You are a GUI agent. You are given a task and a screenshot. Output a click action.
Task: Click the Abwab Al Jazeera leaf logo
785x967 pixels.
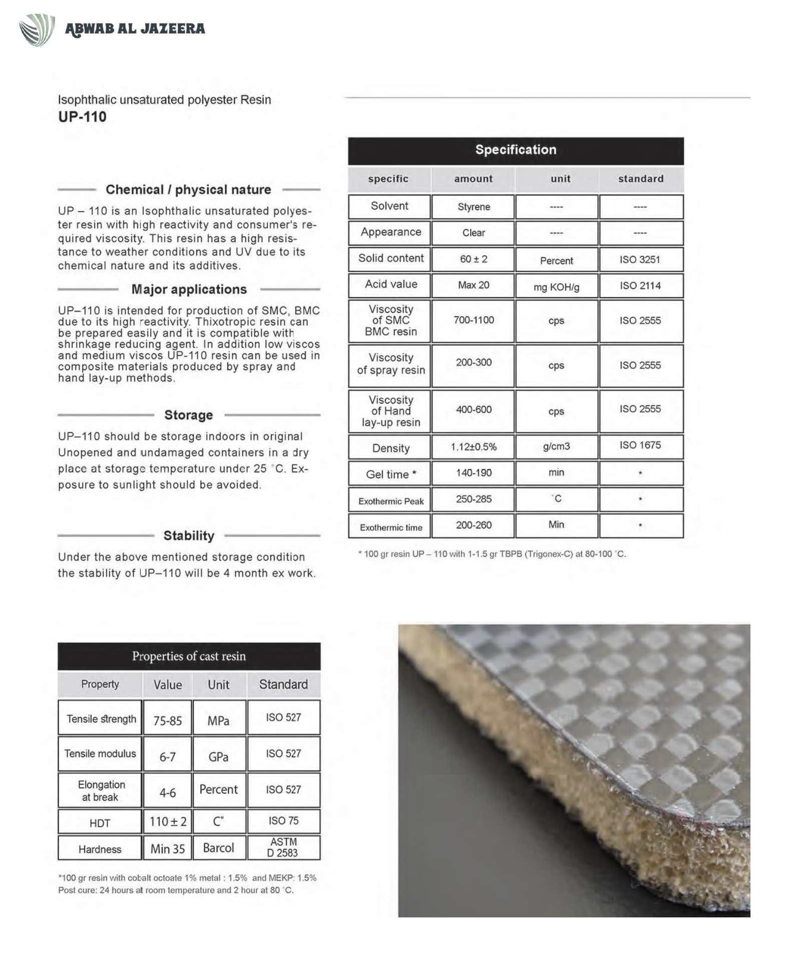pos(37,30)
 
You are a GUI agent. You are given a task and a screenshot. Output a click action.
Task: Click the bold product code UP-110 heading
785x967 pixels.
pos(82,117)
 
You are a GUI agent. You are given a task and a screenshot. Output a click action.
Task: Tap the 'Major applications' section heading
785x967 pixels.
pos(189,289)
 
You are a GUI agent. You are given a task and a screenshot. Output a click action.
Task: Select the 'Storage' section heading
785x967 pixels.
pos(188,415)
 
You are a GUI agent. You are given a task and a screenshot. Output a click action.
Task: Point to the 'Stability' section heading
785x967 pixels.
pos(189,536)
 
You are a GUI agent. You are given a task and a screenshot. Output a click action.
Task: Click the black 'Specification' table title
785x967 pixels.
pos(516,150)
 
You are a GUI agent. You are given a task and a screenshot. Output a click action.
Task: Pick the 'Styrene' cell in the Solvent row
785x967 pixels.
pos(474,206)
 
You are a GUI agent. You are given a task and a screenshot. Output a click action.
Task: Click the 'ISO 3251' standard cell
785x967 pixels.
pos(640,260)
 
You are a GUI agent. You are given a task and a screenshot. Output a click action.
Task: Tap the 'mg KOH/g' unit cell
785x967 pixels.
pos(556,287)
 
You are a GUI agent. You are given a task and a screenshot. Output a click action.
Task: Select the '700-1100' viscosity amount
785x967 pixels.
pos(474,320)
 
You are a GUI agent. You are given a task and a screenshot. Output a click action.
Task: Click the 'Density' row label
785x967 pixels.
pos(390,448)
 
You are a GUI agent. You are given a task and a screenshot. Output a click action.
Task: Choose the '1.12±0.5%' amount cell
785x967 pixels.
pos(474,447)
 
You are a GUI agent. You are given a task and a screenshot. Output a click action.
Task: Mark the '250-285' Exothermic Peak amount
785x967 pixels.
pos(474,499)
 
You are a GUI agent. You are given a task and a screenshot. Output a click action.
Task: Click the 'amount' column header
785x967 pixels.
pos(473,179)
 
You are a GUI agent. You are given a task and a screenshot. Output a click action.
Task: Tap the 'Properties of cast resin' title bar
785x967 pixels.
pos(189,656)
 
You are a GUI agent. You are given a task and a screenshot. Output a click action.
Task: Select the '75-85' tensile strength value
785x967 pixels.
pos(167,720)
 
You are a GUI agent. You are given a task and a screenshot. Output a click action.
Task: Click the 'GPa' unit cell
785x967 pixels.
pos(218,757)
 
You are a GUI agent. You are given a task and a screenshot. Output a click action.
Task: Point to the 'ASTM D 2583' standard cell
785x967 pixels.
pos(283,847)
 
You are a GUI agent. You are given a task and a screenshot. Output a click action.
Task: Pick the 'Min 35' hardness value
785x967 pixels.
pos(167,849)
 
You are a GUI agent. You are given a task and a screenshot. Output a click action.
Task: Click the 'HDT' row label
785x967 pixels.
pos(100,823)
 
